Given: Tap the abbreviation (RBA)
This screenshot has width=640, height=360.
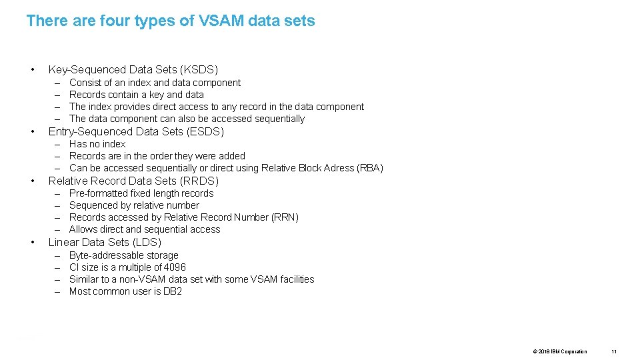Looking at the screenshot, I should point(369,168).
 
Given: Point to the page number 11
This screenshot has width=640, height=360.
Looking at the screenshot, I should point(614,351).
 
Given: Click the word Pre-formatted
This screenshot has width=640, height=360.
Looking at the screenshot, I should point(98,193).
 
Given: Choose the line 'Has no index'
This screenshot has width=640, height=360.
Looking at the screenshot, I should point(97,144).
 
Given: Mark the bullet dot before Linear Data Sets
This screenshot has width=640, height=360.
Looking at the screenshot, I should point(32,242).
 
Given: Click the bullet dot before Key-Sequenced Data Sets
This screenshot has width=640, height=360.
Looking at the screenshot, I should point(32,69).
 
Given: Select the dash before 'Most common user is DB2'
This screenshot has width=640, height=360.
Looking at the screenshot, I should point(57,291).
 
